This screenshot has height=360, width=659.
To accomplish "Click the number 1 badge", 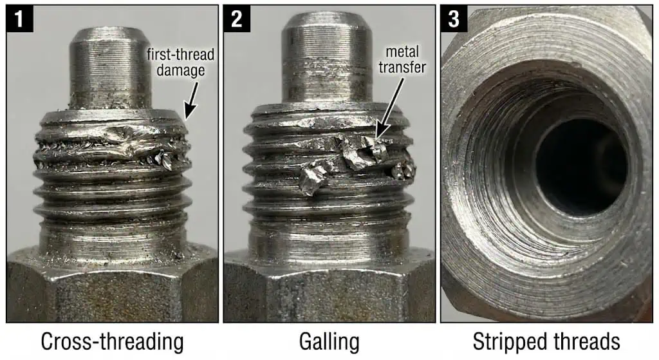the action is [x=19, y=19].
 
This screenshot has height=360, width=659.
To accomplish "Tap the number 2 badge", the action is [x=237, y=19].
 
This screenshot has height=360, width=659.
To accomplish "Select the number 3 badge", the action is [x=454, y=19].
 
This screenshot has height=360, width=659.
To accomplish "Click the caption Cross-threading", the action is [x=112, y=341].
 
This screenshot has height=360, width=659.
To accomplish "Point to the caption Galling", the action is [x=329, y=341].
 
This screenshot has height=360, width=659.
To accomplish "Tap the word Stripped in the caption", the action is [x=508, y=341].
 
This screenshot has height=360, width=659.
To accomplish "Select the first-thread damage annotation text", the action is [x=180, y=62].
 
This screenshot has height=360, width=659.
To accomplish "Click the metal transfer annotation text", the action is [x=402, y=59].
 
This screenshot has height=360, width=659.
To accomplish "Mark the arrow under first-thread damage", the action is [x=192, y=100].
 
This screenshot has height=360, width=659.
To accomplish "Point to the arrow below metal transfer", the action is [x=389, y=109].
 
